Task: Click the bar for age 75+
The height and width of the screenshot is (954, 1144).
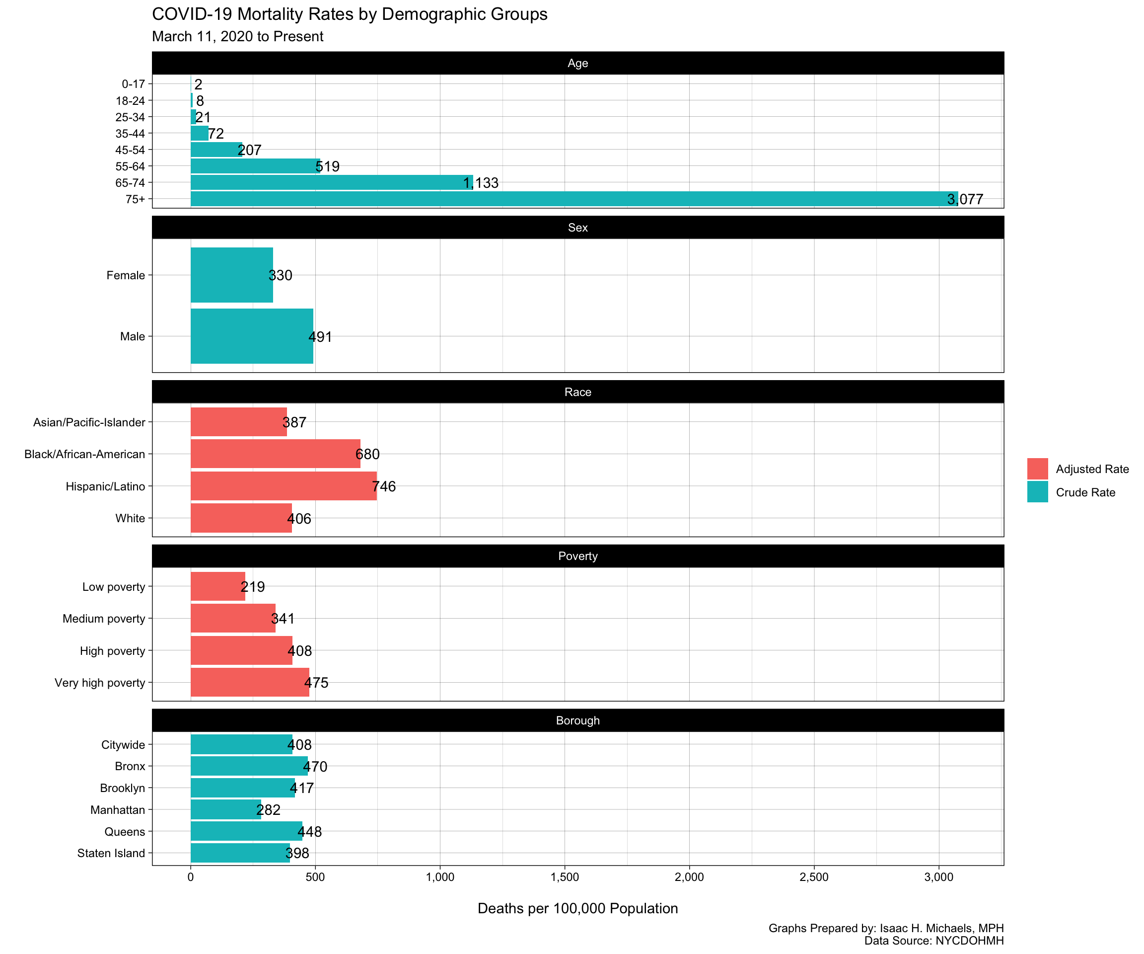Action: [x=572, y=199]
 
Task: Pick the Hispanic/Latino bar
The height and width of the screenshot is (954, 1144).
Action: [x=284, y=486]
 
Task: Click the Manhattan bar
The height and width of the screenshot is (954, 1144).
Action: [x=225, y=810]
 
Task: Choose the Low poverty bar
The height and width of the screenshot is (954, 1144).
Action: [x=218, y=587]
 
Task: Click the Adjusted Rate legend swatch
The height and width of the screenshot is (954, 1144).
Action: [x=1037, y=469]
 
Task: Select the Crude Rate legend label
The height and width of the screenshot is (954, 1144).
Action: [x=1085, y=493]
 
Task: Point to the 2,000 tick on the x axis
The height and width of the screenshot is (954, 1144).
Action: [x=689, y=877]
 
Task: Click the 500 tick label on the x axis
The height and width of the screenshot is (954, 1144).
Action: [x=315, y=877]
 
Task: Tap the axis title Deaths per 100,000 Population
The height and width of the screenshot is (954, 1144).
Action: [x=577, y=909]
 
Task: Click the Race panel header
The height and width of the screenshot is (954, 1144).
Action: [x=577, y=392]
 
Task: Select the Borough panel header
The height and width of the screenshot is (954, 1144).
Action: [x=577, y=720]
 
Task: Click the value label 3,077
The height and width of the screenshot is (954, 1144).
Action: [x=965, y=200]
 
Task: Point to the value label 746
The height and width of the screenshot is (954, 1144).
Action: [x=384, y=486]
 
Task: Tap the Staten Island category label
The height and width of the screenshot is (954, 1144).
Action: [x=111, y=854]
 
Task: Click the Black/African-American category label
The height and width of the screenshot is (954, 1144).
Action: [x=85, y=455]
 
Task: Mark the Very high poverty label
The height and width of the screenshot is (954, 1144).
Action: [x=100, y=683]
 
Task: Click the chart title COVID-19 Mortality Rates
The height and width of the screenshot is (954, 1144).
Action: [x=350, y=14]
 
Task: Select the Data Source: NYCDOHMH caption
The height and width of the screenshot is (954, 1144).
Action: [x=934, y=941]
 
